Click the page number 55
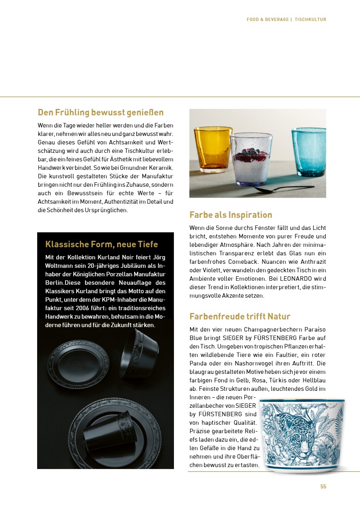[x=323, y=486]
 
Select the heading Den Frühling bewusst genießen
[x=100, y=112]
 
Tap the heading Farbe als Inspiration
[x=230, y=215]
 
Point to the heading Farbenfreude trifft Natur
[x=240, y=316]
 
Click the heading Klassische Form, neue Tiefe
[x=101, y=244]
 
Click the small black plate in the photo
[x=78, y=359]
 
